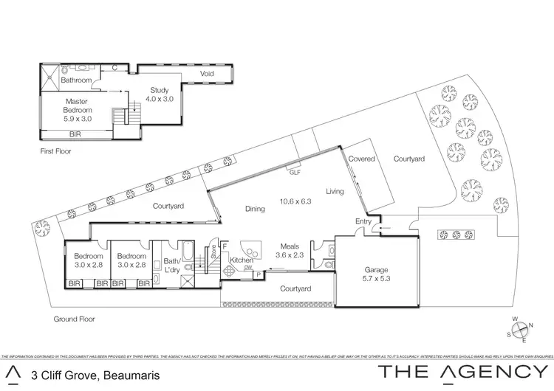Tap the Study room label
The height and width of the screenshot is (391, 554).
tap(159, 94)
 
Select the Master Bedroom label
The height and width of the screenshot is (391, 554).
tap(78, 108)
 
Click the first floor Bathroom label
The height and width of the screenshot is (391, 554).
tap(75, 80)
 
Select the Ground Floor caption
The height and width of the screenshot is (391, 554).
tap(75, 319)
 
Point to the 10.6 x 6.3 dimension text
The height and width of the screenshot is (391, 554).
tap(295, 200)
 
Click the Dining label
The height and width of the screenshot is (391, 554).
tap(255, 209)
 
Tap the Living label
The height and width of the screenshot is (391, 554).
tap(335, 192)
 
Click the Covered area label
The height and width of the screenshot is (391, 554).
tap(362, 159)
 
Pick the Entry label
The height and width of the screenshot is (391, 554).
tap(363, 221)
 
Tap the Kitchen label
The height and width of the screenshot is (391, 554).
tap(242, 260)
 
